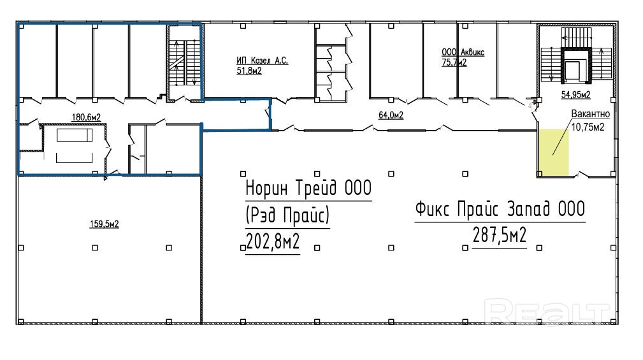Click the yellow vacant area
[x=553, y=152]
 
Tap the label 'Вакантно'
[x=591, y=114]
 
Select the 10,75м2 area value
[x=588, y=127]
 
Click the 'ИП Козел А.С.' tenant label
[x=262, y=61]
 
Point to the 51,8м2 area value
[x=249, y=71]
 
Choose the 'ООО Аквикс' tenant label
[x=463, y=52]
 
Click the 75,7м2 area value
[x=454, y=62]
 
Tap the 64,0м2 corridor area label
[x=391, y=115]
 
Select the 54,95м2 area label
[x=575, y=95]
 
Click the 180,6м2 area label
[x=86, y=117]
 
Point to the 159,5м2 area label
[x=104, y=224]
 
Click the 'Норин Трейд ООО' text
[x=308, y=188]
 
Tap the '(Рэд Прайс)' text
[x=287, y=215]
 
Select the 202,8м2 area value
[x=273, y=241]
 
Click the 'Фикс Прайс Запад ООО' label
[x=500, y=209]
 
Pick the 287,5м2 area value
[x=500, y=236]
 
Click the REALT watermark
[x=547, y=312]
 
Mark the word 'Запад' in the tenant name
[x=528, y=209]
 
